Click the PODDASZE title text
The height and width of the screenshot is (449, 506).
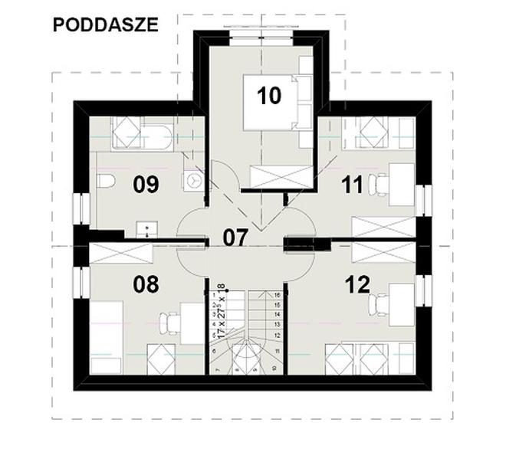pos(106,25)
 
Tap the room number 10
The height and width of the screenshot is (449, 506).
pos(269,95)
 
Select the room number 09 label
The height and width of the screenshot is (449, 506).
pos(145,184)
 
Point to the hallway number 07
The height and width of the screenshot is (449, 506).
pos(235,238)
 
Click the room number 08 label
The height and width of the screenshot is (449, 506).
pos(146,284)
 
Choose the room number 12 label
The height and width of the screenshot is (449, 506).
pos(357,284)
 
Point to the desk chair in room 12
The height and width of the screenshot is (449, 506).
pos(378,304)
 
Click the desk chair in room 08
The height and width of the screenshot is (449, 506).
pos(173,324)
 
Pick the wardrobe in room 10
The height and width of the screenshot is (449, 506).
pos(278,176)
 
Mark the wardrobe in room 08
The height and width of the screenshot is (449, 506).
pos(119,253)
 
